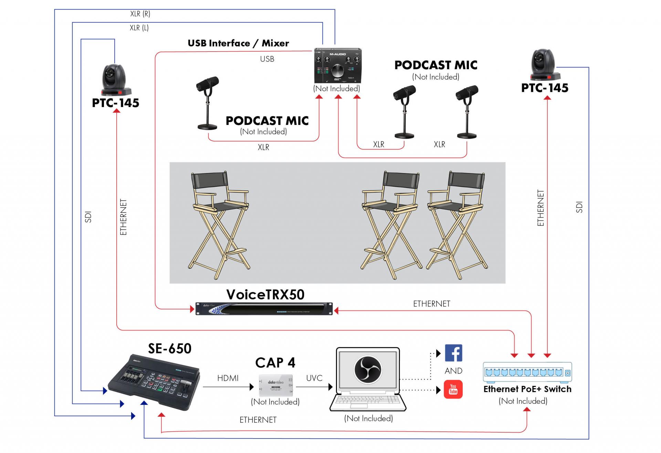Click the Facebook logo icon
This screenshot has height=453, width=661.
click(453, 353)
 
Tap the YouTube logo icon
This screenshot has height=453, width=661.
click(453, 389)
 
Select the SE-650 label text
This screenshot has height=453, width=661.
click(170, 349)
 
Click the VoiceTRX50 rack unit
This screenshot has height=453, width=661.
click(264, 309)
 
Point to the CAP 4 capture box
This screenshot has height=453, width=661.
click(276, 385)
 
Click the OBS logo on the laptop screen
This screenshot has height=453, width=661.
click(368, 369)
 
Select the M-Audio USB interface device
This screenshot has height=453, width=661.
click(337, 66)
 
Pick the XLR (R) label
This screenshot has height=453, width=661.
click(140, 14)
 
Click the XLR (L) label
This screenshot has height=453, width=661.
click(139, 28)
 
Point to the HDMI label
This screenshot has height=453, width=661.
click(228, 378)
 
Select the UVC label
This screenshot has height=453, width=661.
click(314, 378)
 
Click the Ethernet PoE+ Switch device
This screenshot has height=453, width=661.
click(527, 372)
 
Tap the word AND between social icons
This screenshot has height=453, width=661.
click(453, 371)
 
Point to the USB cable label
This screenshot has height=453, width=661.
click(267, 59)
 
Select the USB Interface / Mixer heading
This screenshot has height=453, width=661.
click(238, 43)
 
